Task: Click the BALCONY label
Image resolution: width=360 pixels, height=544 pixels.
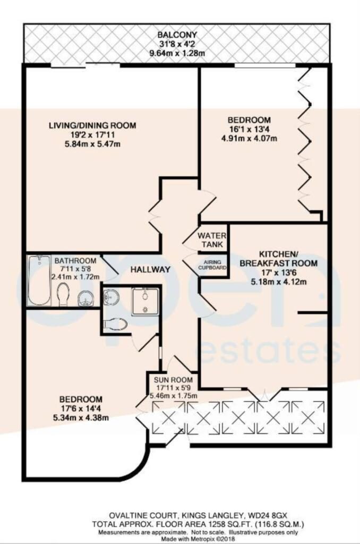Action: click(177, 35)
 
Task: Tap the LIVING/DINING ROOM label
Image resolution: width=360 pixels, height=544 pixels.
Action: click(92, 125)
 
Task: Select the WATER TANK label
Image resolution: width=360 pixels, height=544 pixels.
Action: click(212, 240)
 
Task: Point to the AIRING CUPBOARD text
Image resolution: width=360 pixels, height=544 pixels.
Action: click(212, 265)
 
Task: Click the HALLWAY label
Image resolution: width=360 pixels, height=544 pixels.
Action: click(150, 269)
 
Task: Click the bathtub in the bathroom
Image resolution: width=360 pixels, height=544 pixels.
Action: click(39, 280)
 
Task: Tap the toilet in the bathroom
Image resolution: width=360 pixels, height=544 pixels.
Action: click(63, 294)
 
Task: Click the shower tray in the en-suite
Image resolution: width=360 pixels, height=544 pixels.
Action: click(145, 302)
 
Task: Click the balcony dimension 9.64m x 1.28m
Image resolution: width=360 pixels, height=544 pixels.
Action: click(177, 54)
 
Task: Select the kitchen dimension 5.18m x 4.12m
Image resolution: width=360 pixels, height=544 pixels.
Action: click(279, 282)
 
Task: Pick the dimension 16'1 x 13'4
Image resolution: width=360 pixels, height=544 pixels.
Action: click(249, 130)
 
